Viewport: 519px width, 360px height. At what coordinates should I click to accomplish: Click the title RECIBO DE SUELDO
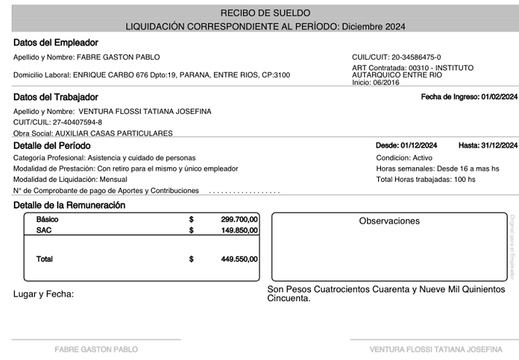[x=265, y=13]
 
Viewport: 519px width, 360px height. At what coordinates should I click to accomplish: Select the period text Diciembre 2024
[x=373, y=27]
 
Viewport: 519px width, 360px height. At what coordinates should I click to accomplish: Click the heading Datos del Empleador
[x=55, y=43]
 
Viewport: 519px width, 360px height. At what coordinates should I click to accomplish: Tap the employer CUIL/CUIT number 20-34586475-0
[x=416, y=57]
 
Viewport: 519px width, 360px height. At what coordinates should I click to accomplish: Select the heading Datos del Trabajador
[x=55, y=97]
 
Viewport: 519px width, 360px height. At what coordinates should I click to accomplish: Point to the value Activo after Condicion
[x=422, y=158]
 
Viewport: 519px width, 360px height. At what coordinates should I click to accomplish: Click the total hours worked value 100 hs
[x=464, y=179]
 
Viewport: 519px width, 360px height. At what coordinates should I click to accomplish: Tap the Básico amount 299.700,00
[x=239, y=219]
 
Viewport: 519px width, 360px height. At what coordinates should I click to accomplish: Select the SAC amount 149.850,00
[x=239, y=230]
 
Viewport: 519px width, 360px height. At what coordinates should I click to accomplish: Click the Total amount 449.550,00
[x=239, y=258]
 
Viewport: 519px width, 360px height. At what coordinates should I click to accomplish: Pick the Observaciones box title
[x=389, y=221]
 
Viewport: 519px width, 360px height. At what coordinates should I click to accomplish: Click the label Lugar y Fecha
[x=44, y=294]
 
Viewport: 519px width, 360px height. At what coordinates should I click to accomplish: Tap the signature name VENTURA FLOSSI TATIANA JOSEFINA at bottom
[x=436, y=349]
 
